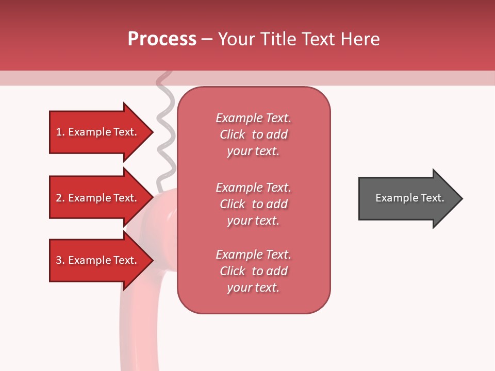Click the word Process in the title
[x=162, y=39]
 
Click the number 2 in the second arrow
[x=59, y=198]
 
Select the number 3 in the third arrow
[x=59, y=260]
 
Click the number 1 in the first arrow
[x=59, y=132]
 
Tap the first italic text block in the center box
[x=253, y=134]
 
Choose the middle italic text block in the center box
[x=253, y=204]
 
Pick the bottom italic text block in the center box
[x=253, y=271]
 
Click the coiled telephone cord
[x=165, y=129]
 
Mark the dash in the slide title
[x=207, y=39]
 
